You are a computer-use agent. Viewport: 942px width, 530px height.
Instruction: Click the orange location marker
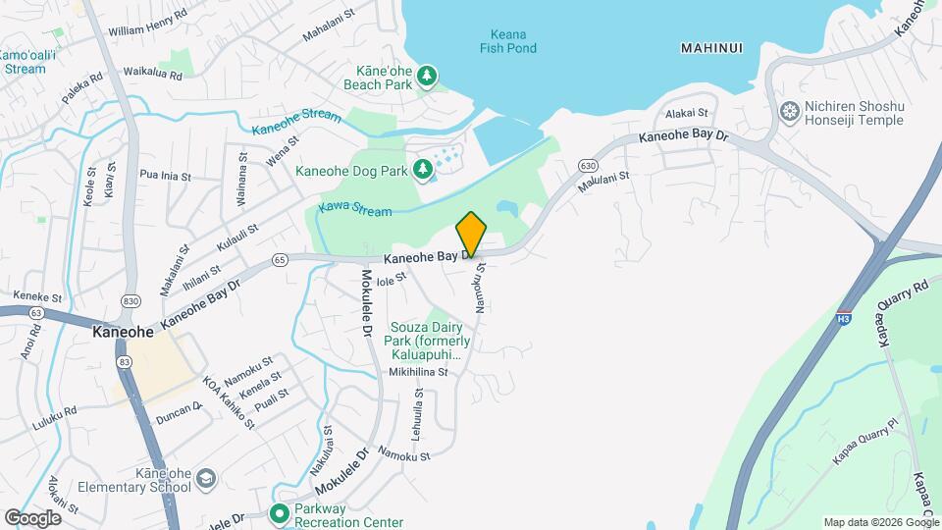pyautogui.click(x=472, y=233)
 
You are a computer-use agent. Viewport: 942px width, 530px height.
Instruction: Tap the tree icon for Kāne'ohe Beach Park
pyautogui.click(x=427, y=76)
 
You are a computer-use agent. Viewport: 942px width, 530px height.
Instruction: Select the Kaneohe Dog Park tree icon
pyautogui.click(x=423, y=172)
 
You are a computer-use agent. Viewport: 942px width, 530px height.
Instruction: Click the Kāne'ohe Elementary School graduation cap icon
pyautogui.click(x=207, y=478)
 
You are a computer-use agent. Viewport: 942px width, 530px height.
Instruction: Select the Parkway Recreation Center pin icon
pyautogui.click(x=280, y=512)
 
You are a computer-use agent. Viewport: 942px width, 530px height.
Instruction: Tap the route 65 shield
pyautogui.click(x=281, y=260)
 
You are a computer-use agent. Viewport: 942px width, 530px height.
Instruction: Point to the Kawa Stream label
pyautogui.click(x=355, y=211)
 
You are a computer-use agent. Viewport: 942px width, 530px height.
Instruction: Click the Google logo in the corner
pyautogui.click(x=32, y=517)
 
